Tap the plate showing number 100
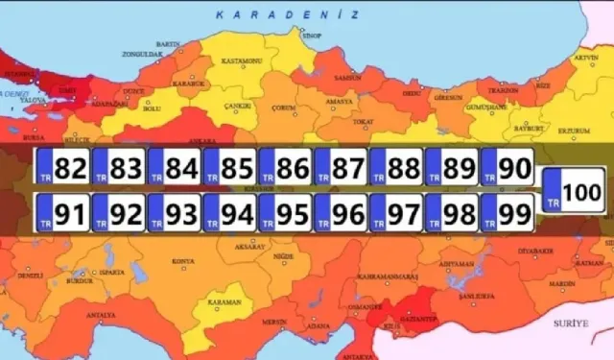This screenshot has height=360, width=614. tap(572, 189)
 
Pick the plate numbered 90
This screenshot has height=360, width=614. tap(508, 169)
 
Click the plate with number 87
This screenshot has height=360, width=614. tap(342, 169)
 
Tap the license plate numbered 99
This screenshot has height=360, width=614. tap(508, 211)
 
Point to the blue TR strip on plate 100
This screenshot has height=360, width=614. tap(551, 189)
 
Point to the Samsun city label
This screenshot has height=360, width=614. tap(342, 78)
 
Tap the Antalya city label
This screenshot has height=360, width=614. tap(101, 315)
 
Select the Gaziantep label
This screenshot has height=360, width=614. tap(418, 314)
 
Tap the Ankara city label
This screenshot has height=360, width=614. tap(228, 141)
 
